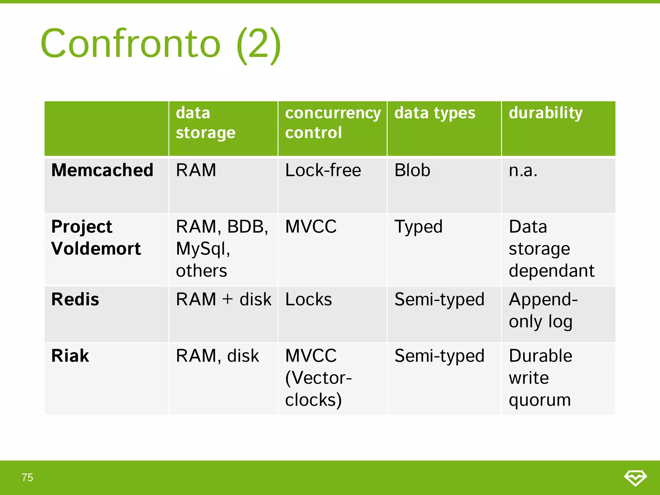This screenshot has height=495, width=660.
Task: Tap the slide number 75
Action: click(x=27, y=477)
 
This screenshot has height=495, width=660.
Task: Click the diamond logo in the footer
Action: click(x=635, y=478)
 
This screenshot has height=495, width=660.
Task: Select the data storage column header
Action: click(x=206, y=123)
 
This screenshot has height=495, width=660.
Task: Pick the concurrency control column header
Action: click(x=333, y=123)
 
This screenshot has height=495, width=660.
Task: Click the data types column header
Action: click(x=435, y=113)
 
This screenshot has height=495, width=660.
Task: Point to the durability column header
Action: click(x=545, y=113)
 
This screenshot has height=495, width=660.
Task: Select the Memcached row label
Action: click(x=102, y=170)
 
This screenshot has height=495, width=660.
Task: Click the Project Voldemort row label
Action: click(x=96, y=238)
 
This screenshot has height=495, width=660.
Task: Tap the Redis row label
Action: click(x=75, y=299)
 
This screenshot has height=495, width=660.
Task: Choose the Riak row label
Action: click(x=70, y=356)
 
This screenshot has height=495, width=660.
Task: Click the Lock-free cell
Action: click(x=323, y=170)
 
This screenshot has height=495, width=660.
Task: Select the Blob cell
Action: click(x=412, y=170)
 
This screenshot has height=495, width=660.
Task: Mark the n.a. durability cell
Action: click(x=523, y=170)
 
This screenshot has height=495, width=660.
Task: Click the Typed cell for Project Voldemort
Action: click(x=418, y=227)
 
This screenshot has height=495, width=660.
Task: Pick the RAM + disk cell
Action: click(x=223, y=299)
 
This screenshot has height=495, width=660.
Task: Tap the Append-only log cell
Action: click(x=543, y=310)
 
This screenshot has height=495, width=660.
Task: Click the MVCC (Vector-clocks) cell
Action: click(x=318, y=378)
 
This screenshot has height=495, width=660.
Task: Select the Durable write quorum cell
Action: click(x=540, y=378)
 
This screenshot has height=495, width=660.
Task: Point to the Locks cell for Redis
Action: click(x=308, y=299)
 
